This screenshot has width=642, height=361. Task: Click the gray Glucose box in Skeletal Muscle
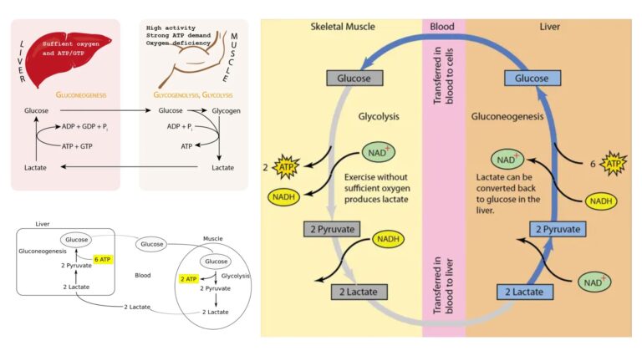(x=354, y=79)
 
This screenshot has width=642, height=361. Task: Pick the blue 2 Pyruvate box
(x=555, y=228)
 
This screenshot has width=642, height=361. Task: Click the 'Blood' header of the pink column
(x=442, y=27)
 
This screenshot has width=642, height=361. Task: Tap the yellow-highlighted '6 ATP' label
(x=103, y=260)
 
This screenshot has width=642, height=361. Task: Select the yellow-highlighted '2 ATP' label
(x=190, y=277)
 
